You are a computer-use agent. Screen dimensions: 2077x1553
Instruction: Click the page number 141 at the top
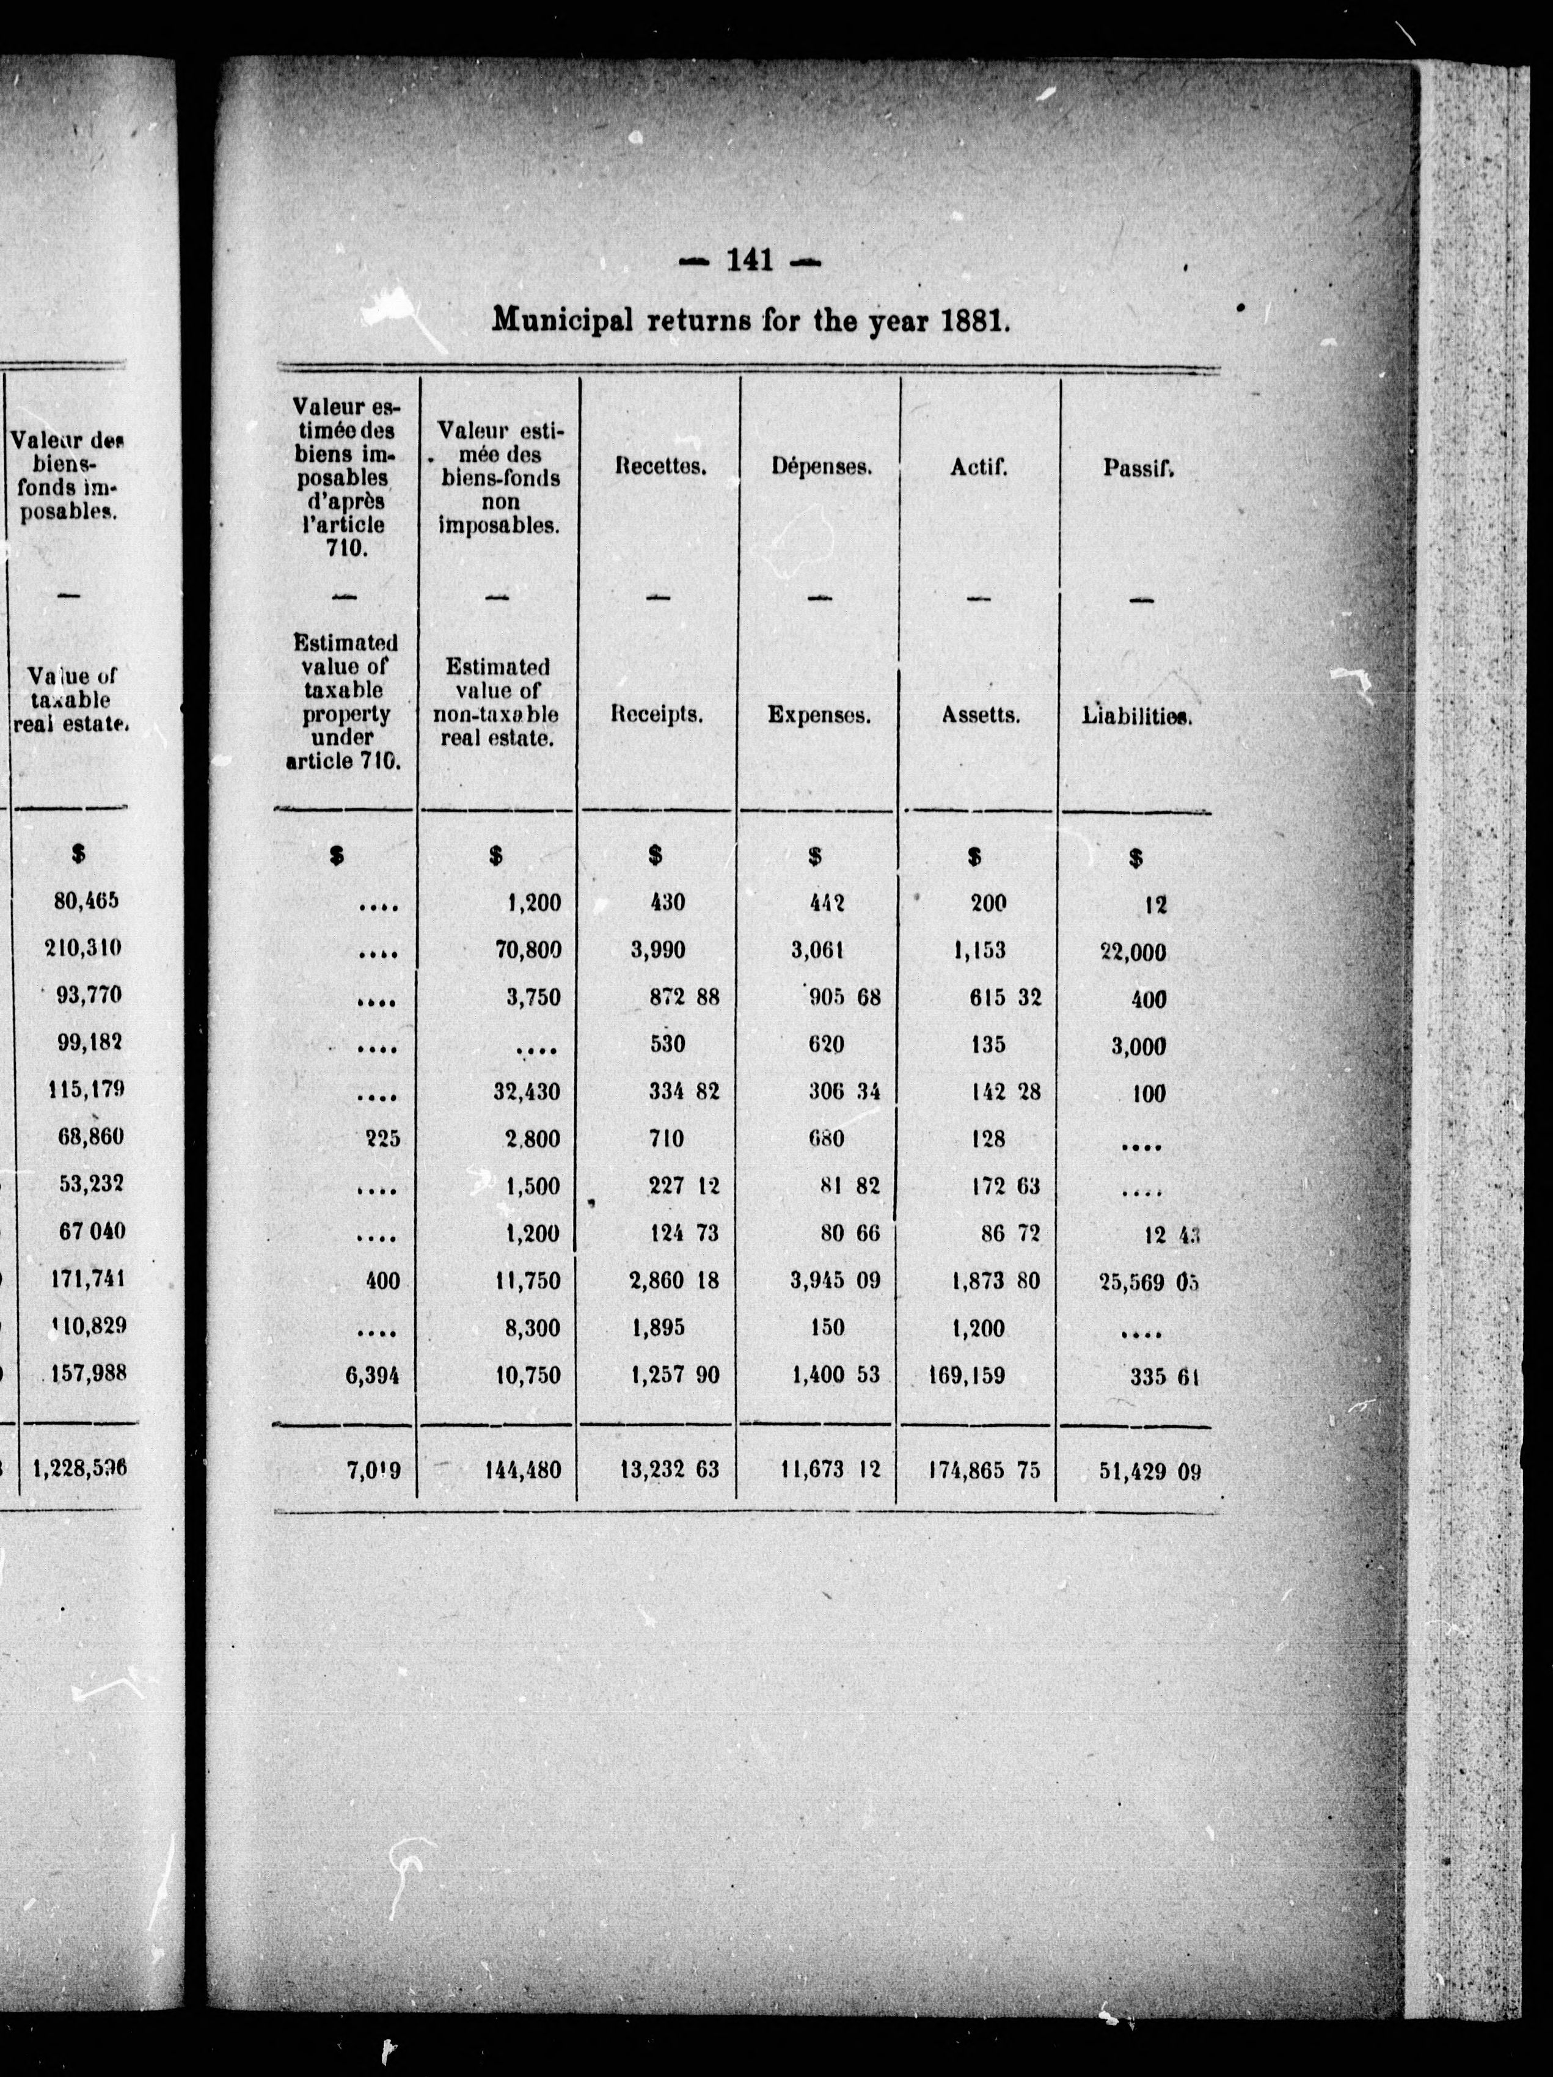click(748, 261)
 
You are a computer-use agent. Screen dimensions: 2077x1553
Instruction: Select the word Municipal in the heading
click(565, 321)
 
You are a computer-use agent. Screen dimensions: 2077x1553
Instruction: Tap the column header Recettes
click(660, 467)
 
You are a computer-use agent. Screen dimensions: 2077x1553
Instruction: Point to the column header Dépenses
click(820, 467)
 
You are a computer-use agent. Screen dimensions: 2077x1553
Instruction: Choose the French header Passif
click(1138, 467)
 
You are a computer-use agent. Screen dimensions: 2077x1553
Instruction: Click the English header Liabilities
click(1136, 715)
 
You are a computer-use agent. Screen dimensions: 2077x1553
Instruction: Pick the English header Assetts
click(981, 715)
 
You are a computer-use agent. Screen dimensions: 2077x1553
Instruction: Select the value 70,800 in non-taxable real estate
click(528, 951)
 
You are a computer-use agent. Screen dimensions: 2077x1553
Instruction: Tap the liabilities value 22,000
click(1132, 952)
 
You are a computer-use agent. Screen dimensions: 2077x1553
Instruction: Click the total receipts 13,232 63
click(670, 1470)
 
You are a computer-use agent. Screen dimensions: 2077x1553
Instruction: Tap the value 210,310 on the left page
click(84, 947)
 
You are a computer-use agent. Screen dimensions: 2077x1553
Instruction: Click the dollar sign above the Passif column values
click(1136, 857)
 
